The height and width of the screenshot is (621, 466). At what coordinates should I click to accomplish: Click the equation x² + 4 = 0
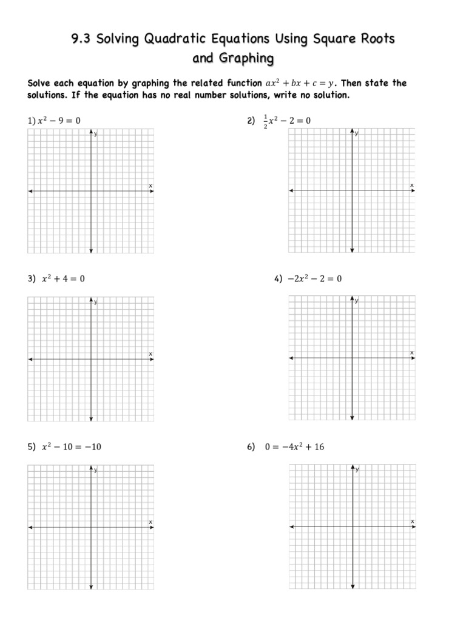pos(63,279)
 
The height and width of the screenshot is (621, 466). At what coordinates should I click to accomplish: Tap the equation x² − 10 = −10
pos(71,447)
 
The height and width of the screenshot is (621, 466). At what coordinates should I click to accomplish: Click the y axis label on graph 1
pos(96,134)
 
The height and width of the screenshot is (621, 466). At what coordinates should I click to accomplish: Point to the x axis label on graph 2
pos(411,185)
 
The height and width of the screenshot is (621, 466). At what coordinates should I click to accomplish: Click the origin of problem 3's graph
pos(91,360)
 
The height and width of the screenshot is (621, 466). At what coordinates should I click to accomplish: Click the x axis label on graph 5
pos(150,522)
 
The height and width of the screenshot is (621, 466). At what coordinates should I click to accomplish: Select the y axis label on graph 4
pos(357,301)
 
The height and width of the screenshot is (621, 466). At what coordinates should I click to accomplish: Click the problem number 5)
pos(32,447)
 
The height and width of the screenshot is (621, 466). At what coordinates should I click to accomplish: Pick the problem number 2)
pos(251,121)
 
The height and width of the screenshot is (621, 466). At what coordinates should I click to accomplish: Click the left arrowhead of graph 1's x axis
pos(30,192)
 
